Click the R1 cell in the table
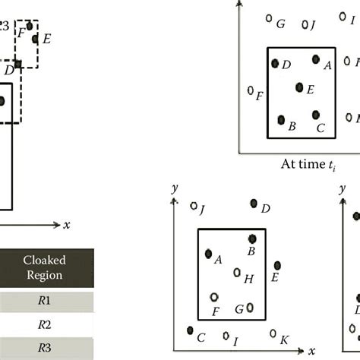(x=44, y=300)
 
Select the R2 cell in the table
(x=44, y=324)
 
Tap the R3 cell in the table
(x=44, y=349)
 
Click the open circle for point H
(x=237, y=272)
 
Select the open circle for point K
(x=273, y=333)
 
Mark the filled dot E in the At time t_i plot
(x=299, y=88)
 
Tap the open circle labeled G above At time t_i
(x=269, y=19)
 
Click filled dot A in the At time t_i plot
(x=316, y=59)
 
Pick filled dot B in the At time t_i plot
(x=281, y=120)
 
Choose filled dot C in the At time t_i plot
(x=315, y=115)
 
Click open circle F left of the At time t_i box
(x=251, y=90)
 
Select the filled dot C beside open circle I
(x=190, y=330)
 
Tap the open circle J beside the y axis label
(x=194, y=206)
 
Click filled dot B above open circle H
(x=253, y=238)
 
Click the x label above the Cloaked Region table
(x=67, y=225)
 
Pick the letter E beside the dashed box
(x=46, y=38)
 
